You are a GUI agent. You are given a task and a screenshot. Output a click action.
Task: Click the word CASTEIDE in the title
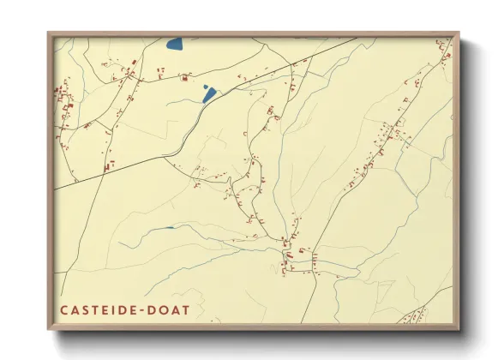96,309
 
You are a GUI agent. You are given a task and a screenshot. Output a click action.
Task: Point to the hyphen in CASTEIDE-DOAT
140,309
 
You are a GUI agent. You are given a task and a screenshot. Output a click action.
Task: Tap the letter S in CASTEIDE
84,309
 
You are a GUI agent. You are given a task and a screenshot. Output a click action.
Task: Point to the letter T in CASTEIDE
93,309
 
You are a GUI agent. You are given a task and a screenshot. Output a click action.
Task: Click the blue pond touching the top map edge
175,43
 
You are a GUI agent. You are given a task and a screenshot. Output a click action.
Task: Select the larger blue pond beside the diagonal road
208,96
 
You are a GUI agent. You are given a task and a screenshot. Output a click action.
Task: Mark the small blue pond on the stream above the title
169,228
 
